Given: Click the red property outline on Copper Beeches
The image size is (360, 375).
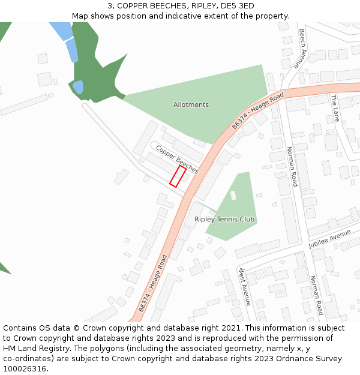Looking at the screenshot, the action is pos(178,176).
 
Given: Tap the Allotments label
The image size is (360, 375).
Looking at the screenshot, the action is pos(191,104).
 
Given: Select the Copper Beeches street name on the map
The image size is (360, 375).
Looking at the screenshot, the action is pos(177,159).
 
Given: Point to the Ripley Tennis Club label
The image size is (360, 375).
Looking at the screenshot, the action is pos(224,220).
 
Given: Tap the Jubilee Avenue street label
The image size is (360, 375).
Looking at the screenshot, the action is pos(329,239).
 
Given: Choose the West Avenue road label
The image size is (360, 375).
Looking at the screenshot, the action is pos(244,286).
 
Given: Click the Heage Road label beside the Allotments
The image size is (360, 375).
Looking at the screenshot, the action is pos(257,110).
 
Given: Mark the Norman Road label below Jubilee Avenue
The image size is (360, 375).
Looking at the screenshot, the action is pos(317,295).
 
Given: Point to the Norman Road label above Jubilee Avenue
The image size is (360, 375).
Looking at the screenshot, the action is pos(292,167).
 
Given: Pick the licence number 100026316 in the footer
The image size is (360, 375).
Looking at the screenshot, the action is pos(24,369).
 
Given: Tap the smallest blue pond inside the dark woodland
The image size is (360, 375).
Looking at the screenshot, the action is pos(78,88).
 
